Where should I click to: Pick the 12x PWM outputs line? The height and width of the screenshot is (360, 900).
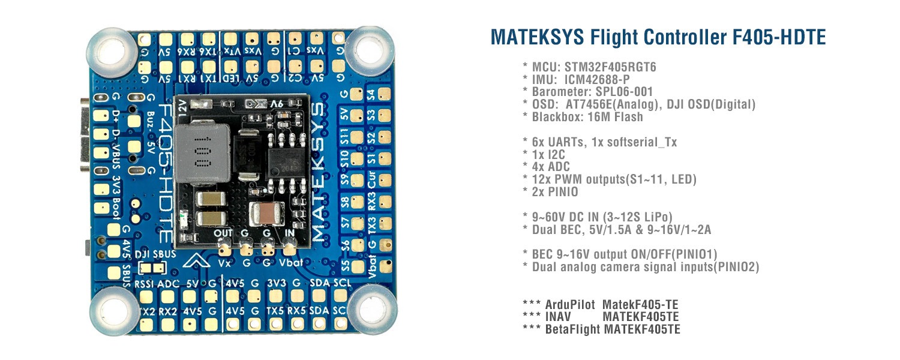(614, 179)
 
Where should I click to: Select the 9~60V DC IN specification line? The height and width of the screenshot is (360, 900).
(602, 217)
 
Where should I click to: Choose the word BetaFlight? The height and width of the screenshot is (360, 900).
(568, 329)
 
